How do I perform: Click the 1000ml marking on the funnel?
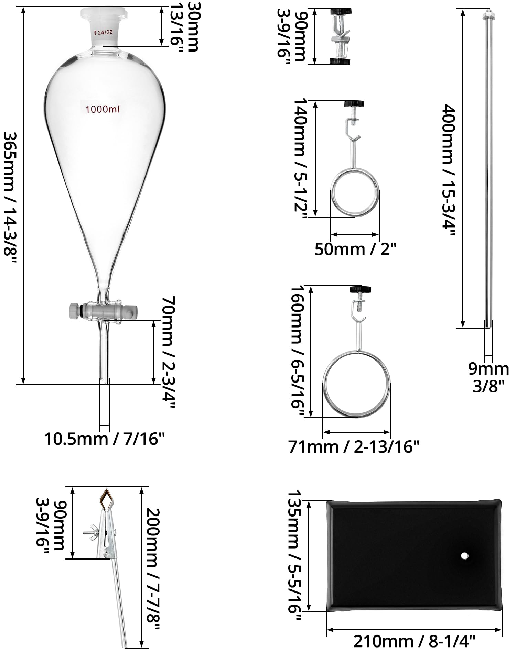click(102, 110)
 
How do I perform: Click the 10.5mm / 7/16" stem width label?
click(105, 439)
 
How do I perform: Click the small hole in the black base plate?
click(464, 555)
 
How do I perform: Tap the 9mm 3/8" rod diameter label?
click(488, 377)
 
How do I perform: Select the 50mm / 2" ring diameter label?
click(356, 249)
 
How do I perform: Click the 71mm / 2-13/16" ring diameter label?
click(354, 447)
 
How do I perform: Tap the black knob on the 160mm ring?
click(360, 289)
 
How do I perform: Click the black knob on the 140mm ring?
click(354, 103)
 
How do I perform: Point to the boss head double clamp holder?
click(340, 36)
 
